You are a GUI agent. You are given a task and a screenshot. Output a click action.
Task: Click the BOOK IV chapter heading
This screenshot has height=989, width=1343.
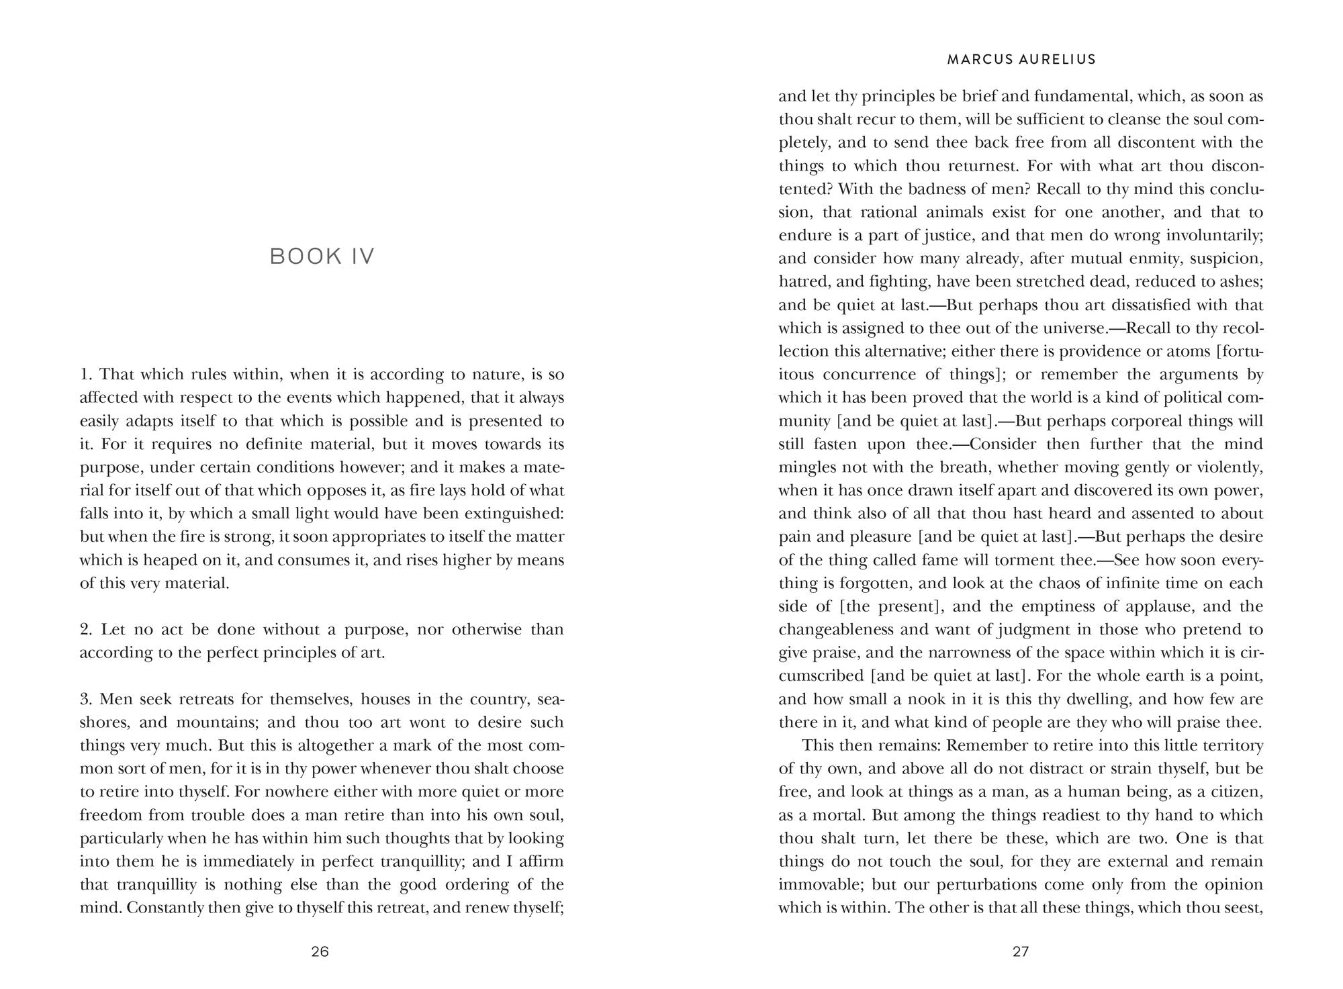322,256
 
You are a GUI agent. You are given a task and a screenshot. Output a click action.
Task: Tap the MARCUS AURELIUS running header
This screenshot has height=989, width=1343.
1021,60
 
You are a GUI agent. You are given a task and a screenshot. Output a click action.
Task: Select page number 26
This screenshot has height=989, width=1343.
320,951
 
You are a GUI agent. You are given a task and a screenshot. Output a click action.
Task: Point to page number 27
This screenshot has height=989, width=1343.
1021,951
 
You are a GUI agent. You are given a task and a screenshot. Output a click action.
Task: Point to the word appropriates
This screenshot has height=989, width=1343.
382,537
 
